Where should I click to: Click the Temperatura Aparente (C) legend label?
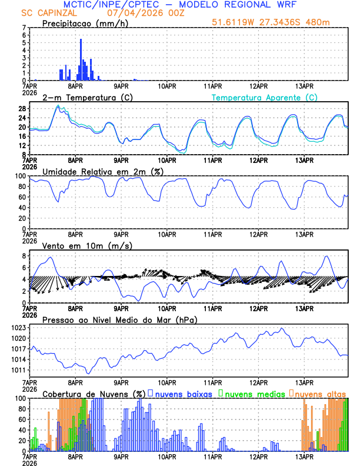click(265, 97)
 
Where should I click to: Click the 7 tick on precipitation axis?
click(24, 28)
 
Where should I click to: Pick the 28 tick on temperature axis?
click(21, 109)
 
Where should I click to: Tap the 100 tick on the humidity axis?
click(19, 176)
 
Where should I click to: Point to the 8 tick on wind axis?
click(24, 256)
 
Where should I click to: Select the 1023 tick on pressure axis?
click(18, 328)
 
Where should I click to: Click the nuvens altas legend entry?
click(320, 393)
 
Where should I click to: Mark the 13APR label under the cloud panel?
click(304, 456)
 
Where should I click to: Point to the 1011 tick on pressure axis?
click(18, 370)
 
